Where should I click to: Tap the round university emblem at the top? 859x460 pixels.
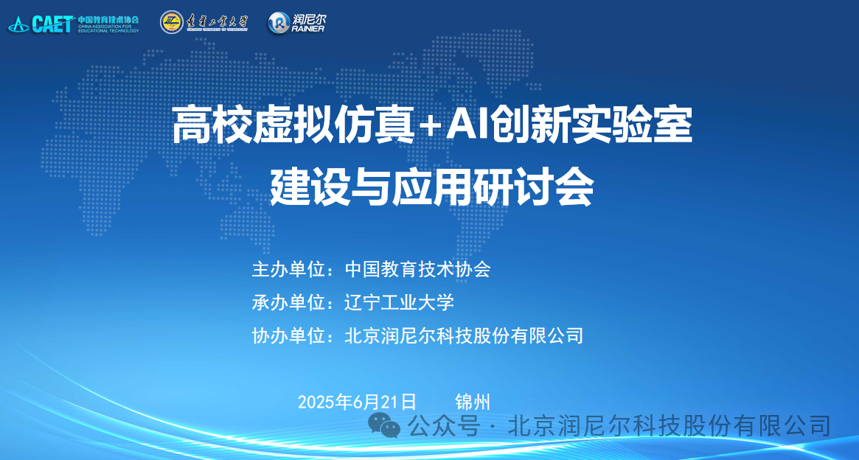172,22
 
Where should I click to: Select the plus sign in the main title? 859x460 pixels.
429,126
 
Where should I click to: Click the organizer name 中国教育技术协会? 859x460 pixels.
417,269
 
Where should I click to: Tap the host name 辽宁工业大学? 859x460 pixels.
400,302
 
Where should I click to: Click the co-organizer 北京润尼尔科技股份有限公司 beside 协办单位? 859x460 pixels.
464,335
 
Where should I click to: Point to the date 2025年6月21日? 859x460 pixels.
357,402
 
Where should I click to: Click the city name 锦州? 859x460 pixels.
473,402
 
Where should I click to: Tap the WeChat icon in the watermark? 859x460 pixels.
384,425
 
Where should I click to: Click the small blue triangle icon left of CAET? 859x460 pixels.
18,24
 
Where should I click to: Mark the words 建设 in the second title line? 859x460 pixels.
310,187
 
